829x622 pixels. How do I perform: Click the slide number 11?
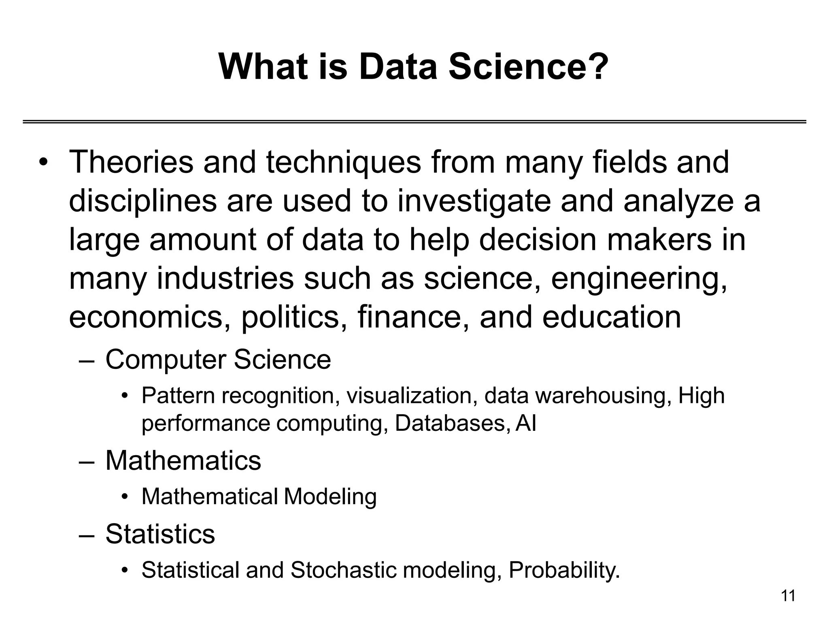788,596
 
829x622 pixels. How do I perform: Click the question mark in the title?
597,67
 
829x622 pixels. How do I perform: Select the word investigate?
474,201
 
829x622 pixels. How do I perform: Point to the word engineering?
639,279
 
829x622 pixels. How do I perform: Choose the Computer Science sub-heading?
218,360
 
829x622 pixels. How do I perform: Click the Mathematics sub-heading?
183,460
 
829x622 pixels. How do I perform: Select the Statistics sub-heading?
160,534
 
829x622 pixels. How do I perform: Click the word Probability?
564,570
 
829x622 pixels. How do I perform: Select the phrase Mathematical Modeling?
259,496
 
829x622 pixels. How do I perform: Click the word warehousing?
601,396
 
